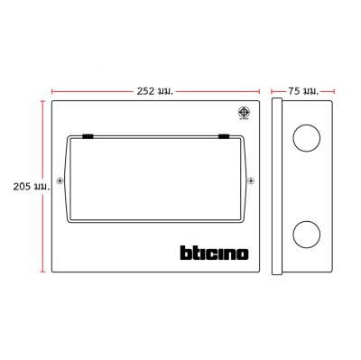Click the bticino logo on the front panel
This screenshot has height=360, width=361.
tap(208, 252)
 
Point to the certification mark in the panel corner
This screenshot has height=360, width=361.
tap(243, 114)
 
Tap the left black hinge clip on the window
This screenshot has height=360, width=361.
tap(89, 136)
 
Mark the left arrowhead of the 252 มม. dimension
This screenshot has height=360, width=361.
tap(54, 90)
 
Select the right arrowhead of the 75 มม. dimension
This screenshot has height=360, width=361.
tap(336, 90)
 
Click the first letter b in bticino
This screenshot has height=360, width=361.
tap(174, 252)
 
